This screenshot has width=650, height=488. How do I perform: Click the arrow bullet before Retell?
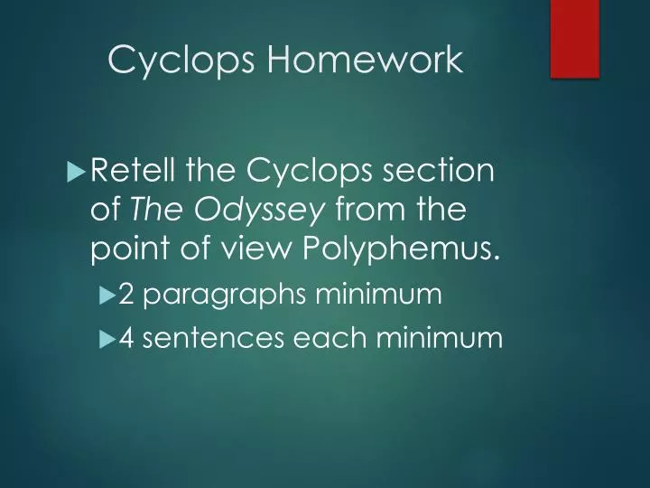[x=76, y=170]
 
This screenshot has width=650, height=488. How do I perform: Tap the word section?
[x=447, y=170]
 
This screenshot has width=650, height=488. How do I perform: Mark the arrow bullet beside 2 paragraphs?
[x=107, y=294]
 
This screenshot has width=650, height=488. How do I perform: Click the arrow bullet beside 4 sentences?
[x=107, y=338]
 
